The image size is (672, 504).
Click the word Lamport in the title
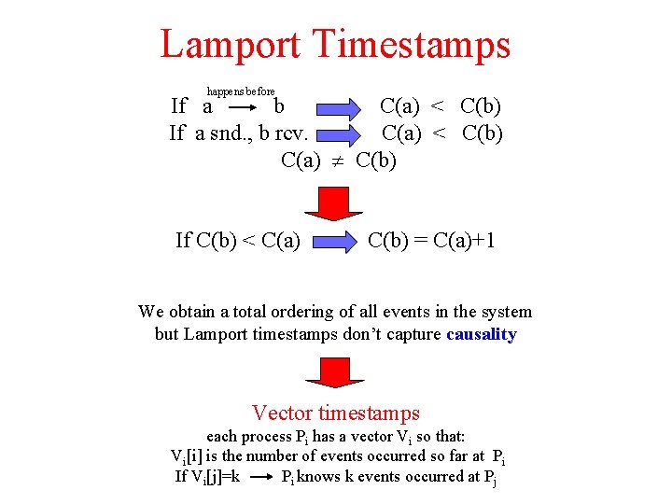[230, 45]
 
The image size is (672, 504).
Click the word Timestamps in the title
[413, 45]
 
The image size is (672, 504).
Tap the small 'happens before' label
[241, 92]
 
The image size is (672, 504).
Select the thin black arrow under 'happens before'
[241, 107]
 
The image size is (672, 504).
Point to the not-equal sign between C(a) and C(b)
[340, 161]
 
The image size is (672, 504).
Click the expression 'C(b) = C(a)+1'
[431, 242]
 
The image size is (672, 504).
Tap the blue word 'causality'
[482, 335]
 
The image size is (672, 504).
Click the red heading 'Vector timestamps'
[336, 413]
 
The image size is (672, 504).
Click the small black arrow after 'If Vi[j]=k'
[263, 477]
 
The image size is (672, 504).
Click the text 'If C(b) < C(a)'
[238, 242]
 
